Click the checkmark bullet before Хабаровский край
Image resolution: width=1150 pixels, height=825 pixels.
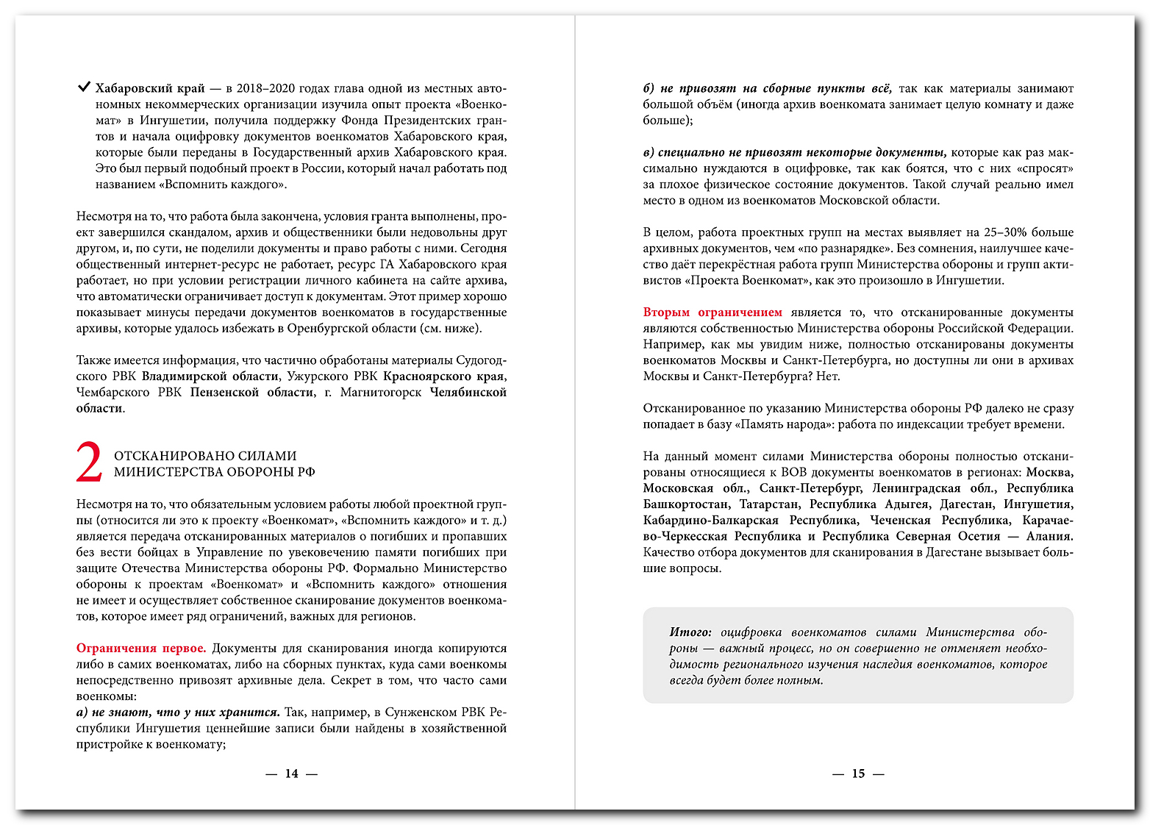[x=84, y=87]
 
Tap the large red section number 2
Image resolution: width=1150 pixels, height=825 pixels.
[x=90, y=463]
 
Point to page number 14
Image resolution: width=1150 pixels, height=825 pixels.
[x=292, y=774]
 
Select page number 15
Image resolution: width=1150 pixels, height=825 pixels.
[x=858, y=774]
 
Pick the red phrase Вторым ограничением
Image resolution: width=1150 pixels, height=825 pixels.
[x=712, y=312]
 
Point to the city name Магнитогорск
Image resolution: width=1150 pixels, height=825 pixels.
[x=380, y=393]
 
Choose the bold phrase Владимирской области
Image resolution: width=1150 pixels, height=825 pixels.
[x=210, y=376]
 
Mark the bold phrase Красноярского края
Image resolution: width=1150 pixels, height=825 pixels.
[x=443, y=376]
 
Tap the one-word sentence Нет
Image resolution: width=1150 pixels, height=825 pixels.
[x=828, y=376]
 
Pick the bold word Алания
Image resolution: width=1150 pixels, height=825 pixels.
[x=1049, y=537]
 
